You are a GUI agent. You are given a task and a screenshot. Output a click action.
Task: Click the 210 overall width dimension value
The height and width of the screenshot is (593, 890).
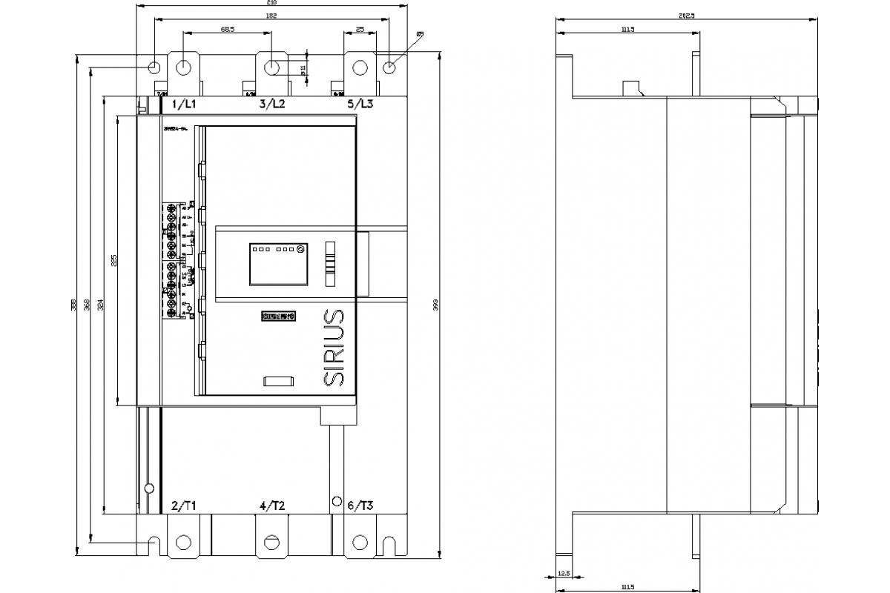point(271,3)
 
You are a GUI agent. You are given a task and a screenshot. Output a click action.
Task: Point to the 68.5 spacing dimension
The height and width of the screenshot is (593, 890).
point(228,29)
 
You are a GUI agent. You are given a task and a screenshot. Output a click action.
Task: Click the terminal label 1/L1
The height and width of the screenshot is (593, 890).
point(184,105)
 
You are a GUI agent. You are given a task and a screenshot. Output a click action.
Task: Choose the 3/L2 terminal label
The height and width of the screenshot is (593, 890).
point(272,105)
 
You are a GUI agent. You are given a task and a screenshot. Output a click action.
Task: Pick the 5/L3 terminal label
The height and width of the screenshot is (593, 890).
point(360,105)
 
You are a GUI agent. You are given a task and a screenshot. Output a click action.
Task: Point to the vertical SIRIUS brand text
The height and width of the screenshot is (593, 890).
point(335,346)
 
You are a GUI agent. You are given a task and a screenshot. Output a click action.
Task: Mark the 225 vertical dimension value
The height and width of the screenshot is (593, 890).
point(113,262)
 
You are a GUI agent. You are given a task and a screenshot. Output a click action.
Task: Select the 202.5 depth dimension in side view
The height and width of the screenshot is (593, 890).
point(686,16)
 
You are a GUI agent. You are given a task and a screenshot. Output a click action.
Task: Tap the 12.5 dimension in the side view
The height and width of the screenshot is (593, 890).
point(564,573)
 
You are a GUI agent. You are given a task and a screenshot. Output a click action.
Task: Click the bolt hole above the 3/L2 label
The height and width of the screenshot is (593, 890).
point(272,67)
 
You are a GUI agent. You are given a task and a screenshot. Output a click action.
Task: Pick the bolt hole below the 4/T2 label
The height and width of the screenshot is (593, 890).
point(272,542)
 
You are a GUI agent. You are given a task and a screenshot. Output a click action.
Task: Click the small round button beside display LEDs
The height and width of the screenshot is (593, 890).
point(300,250)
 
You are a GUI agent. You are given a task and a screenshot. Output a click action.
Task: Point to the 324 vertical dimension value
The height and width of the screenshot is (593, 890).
point(100,305)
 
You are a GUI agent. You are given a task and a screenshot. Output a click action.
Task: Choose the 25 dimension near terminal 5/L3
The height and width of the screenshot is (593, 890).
point(360,29)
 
